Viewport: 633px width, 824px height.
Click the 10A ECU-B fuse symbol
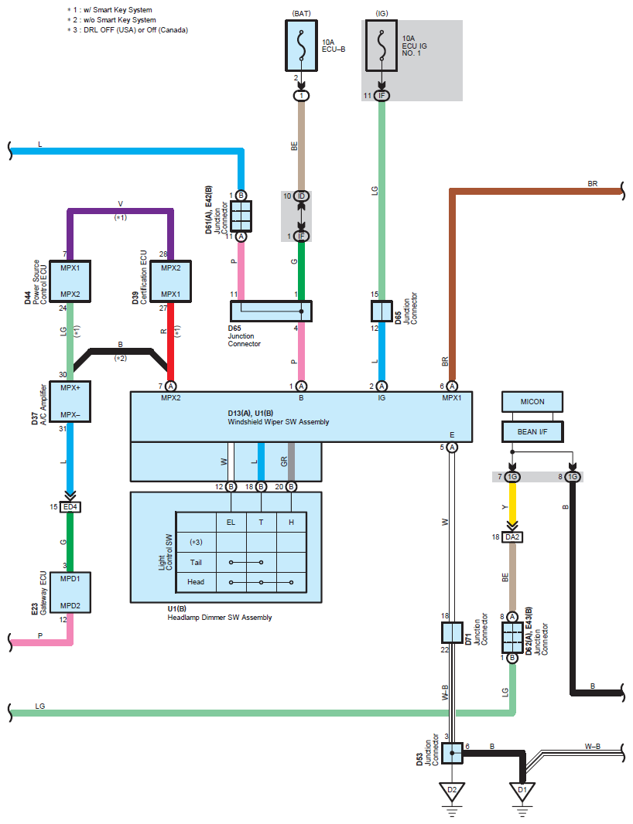(302, 46)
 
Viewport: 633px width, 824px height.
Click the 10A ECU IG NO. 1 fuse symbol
(382, 46)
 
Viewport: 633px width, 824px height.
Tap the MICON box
(532, 402)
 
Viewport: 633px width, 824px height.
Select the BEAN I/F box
(532, 431)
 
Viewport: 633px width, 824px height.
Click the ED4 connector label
(70, 507)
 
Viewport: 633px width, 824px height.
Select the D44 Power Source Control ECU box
(70, 281)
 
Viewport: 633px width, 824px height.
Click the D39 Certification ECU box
(171, 281)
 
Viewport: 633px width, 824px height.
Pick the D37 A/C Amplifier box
(70, 400)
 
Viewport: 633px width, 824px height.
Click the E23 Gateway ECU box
(70, 592)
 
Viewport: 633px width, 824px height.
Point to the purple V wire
(120, 210)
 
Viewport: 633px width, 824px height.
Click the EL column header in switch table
(231, 523)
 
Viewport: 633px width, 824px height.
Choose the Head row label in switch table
(196, 581)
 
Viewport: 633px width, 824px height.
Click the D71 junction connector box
(452, 633)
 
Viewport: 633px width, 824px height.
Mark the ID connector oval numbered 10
(302, 196)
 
